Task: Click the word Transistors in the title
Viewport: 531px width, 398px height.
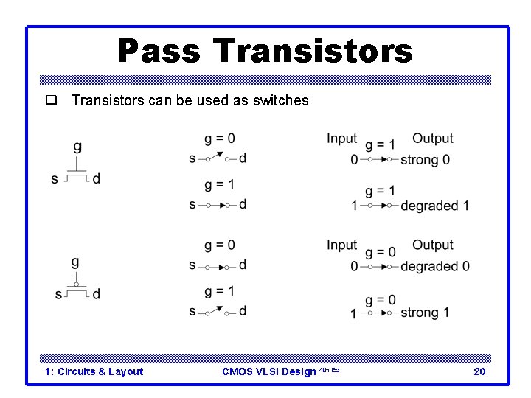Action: click(x=313, y=52)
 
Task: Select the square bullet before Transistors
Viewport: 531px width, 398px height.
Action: click(x=52, y=100)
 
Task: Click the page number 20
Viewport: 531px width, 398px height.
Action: click(x=479, y=371)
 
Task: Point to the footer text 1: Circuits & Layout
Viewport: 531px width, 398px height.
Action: click(x=94, y=371)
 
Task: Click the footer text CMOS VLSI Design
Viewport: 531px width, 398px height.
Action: click(x=269, y=371)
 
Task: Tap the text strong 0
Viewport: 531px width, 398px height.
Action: click(x=426, y=160)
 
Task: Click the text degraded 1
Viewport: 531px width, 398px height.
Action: click(x=434, y=206)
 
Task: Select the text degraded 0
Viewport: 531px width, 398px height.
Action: click(x=435, y=266)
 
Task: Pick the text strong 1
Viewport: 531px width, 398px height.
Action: click(x=425, y=313)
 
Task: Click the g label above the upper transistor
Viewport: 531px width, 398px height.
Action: click(x=77, y=147)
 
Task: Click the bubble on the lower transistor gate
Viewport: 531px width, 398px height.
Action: click(x=77, y=283)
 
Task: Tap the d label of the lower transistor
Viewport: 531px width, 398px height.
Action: click(x=97, y=294)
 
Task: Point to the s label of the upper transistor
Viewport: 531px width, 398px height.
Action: click(x=55, y=178)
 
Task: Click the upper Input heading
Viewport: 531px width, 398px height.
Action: click(x=341, y=139)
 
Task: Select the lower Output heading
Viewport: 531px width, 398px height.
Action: click(x=433, y=245)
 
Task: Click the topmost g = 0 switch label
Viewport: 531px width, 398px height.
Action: click(x=220, y=139)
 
